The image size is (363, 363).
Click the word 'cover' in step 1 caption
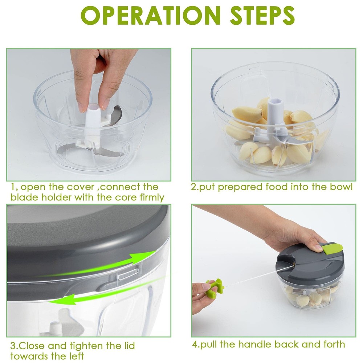click(82, 187)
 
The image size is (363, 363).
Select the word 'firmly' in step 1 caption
click(148, 198)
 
